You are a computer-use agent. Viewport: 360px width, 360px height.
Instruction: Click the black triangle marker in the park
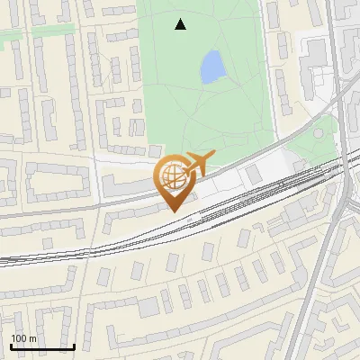tap(181, 24)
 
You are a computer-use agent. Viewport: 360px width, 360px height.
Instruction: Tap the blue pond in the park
tap(212, 67)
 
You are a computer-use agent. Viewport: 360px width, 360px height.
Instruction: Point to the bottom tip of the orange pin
tap(175, 212)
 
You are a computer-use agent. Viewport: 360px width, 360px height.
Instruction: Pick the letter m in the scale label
tap(33, 338)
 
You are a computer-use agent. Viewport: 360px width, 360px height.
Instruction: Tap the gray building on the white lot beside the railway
tap(256, 175)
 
